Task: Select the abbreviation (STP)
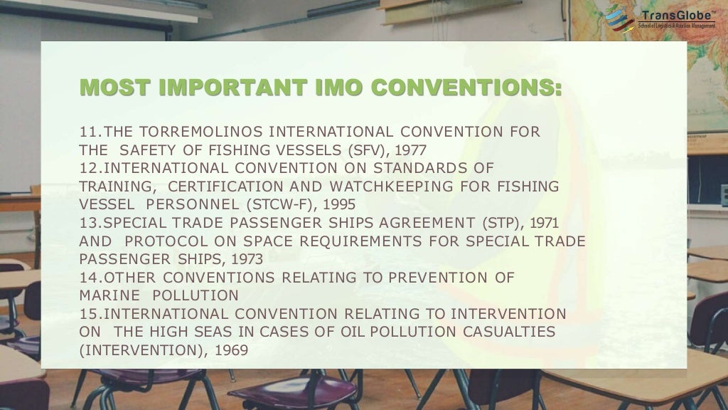[x=501, y=223]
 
